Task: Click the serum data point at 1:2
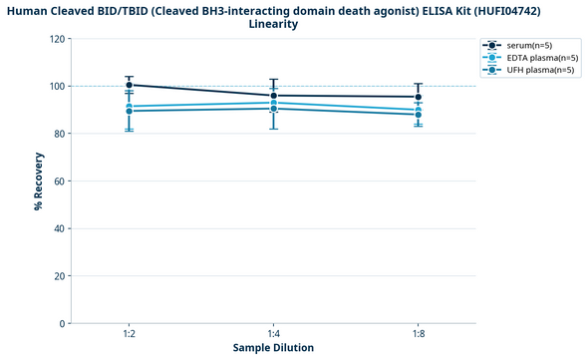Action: click(130, 85)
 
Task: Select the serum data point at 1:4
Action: click(274, 96)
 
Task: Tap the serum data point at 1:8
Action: click(419, 97)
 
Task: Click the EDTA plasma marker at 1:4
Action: click(274, 103)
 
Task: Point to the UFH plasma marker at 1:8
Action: click(419, 115)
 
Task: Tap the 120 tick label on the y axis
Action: click(55, 39)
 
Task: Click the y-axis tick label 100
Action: click(55, 87)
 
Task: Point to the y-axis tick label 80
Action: click(58, 134)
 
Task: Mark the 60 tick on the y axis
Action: click(58, 181)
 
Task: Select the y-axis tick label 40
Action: click(58, 228)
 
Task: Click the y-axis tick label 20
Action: click(58, 276)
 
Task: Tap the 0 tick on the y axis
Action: click(61, 323)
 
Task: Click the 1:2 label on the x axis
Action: click(130, 334)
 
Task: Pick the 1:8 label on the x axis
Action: click(419, 334)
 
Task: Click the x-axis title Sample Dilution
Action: click(273, 348)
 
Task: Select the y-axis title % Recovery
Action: click(38, 181)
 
